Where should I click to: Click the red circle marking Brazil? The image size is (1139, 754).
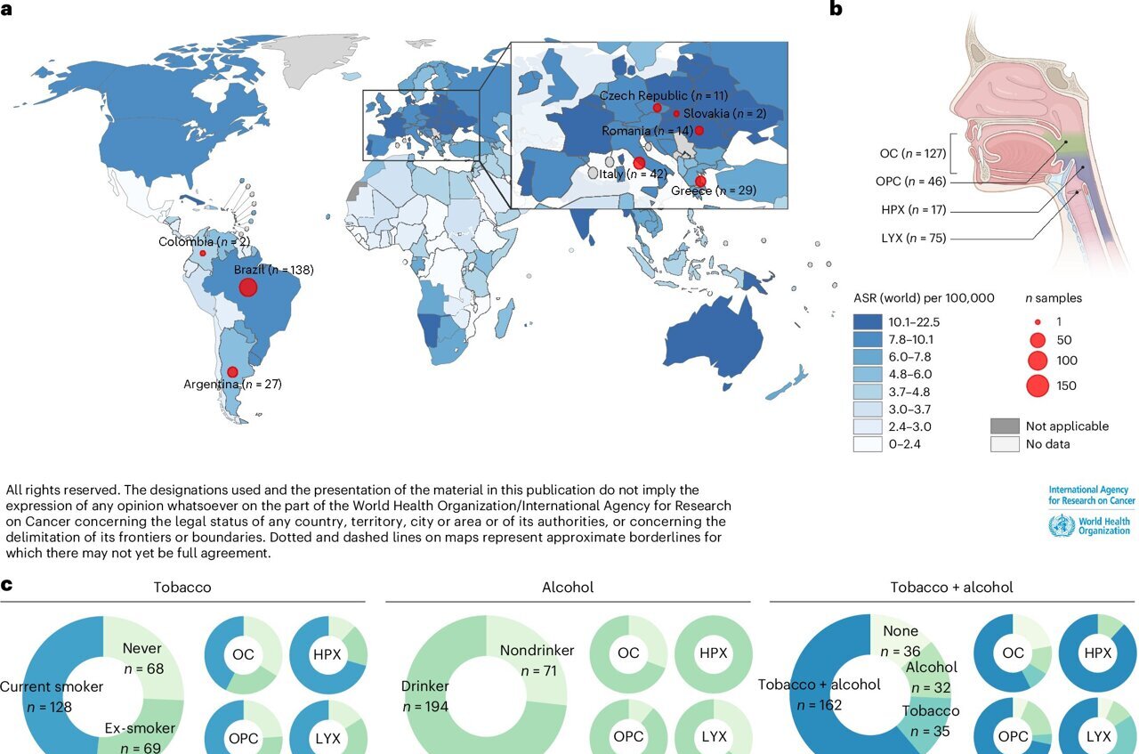[x=247, y=286]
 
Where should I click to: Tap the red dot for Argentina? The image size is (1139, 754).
[x=232, y=372]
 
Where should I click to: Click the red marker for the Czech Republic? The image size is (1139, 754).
[x=657, y=108]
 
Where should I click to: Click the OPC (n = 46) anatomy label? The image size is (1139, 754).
[x=910, y=181]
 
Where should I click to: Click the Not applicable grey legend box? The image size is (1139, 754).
[x=1004, y=426]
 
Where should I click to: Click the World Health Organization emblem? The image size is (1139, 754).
[x=1061, y=525]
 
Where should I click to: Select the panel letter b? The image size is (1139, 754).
[x=836, y=10]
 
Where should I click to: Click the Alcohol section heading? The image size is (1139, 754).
[x=567, y=588]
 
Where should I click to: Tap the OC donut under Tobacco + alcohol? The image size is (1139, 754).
[x=1013, y=653]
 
